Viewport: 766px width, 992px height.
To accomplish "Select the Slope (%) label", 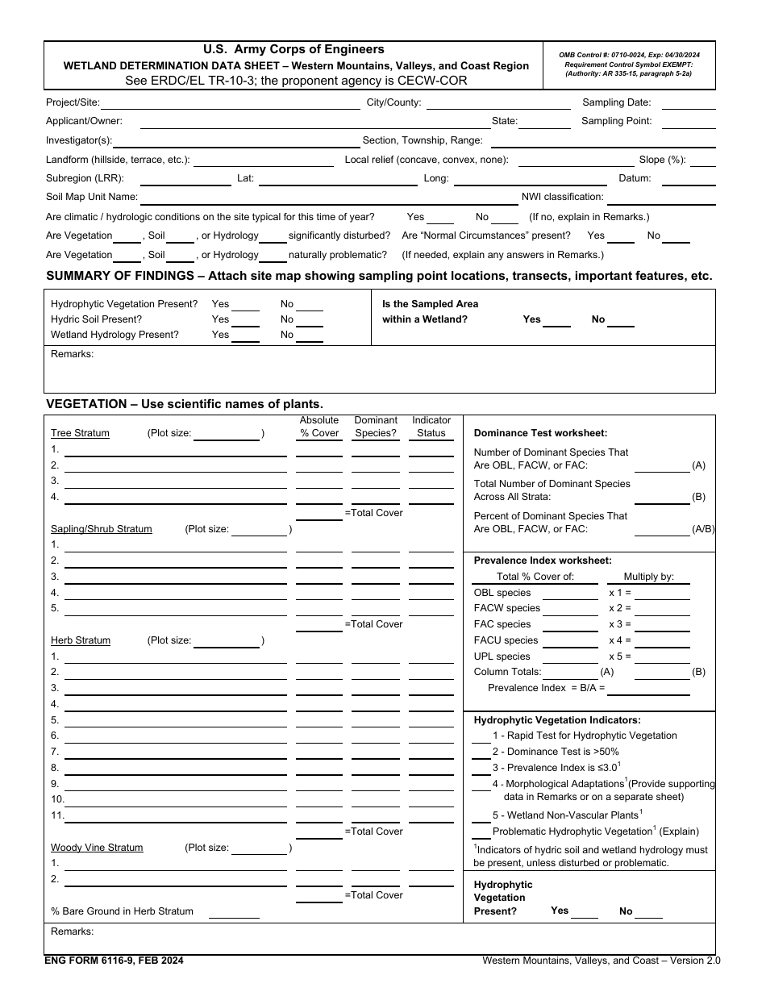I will click(662, 160).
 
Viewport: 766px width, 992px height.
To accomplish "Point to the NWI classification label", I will click(562, 197).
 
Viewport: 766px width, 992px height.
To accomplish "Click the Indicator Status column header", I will click(431, 427).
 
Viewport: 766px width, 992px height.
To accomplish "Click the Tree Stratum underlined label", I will click(80, 433).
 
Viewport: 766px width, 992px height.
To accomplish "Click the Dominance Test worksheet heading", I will click(540, 433).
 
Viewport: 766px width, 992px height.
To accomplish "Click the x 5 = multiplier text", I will click(619, 656).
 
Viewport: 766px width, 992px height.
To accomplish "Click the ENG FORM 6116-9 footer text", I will click(114, 961).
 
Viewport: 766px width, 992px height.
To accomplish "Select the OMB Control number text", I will click(629, 54).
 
